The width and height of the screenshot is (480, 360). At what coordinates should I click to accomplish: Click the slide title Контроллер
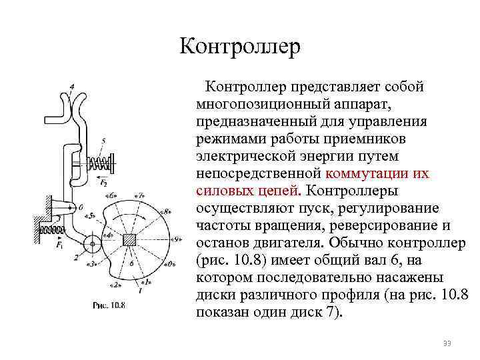(x=240, y=47)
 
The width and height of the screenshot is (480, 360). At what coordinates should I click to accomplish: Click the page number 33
(x=447, y=343)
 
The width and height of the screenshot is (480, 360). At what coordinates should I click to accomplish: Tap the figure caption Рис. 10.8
(x=109, y=306)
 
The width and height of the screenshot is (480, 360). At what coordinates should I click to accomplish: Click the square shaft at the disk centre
(x=131, y=240)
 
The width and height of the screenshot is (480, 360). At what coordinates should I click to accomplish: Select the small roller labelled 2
(x=91, y=242)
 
